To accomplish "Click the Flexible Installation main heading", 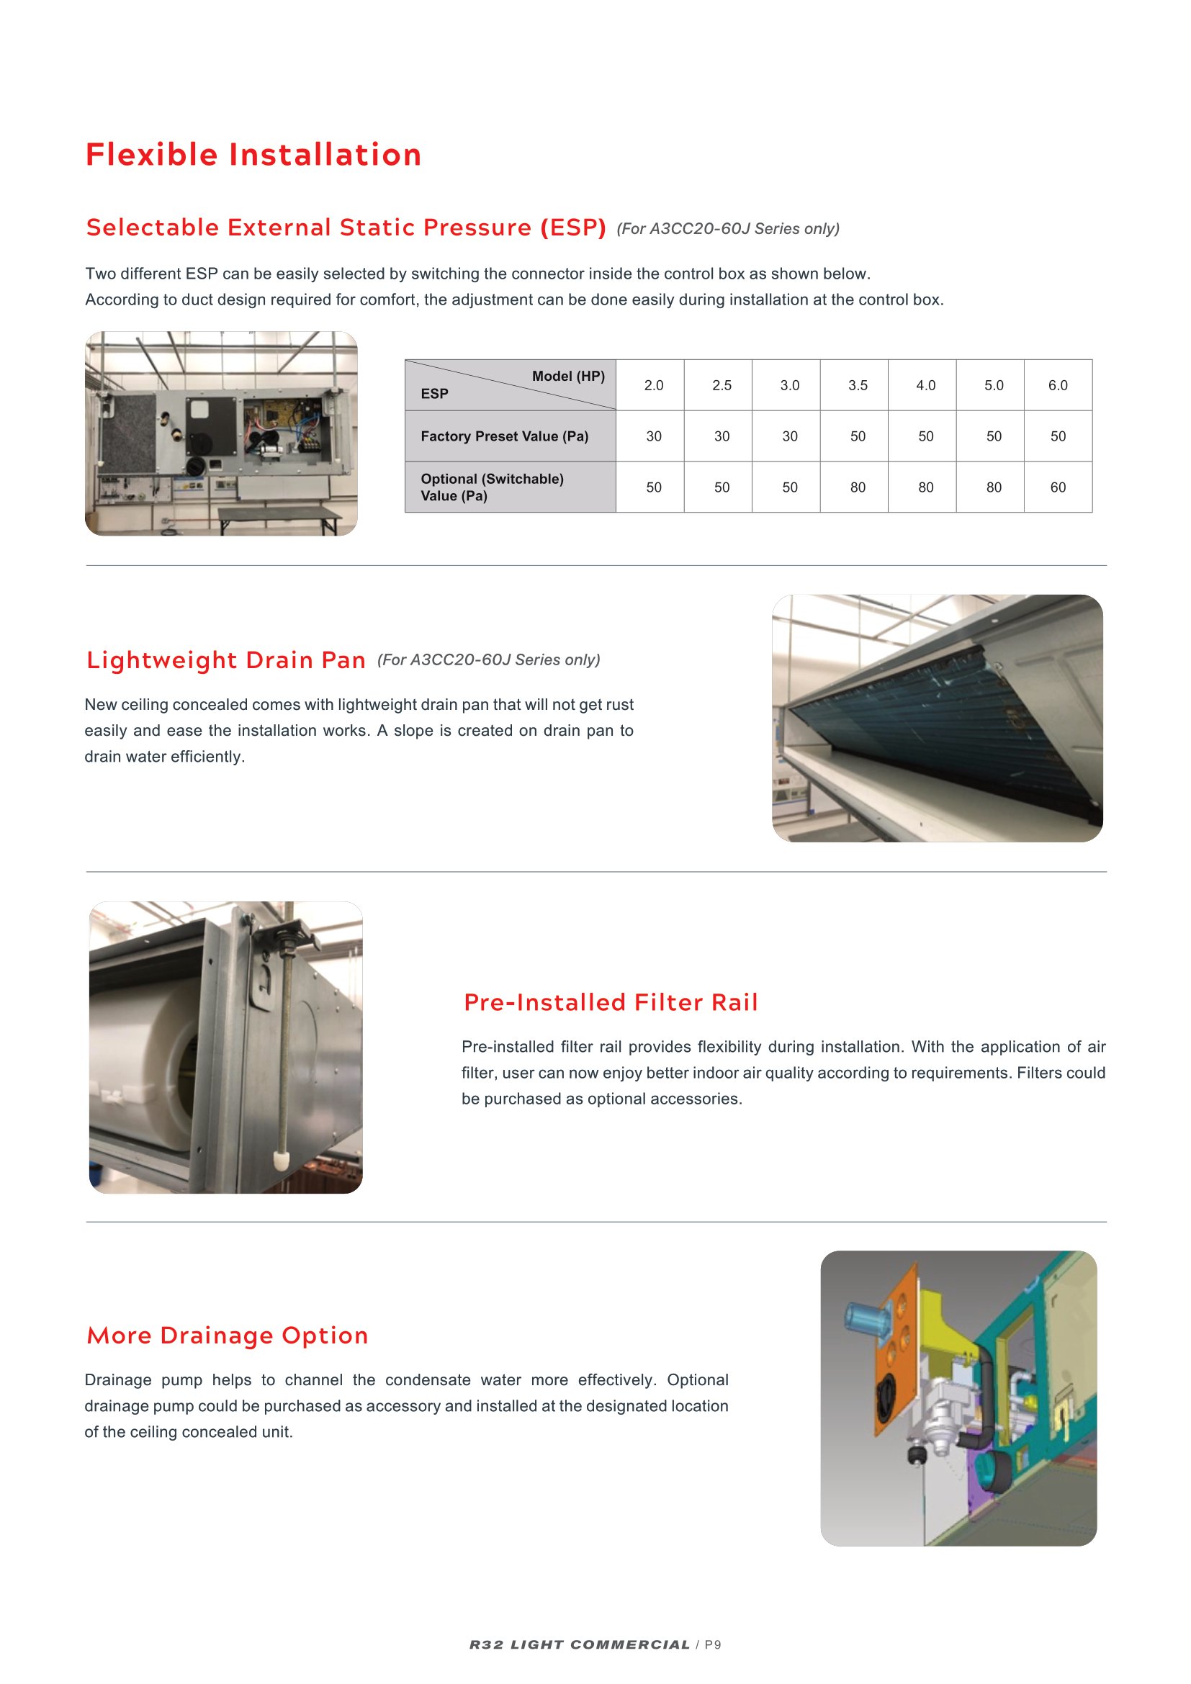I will pyautogui.click(x=253, y=155).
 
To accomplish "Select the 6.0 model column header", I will pyautogui.click(x=1057, y=385).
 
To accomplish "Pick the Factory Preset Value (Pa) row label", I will pyautogui.click(x=504, y=436).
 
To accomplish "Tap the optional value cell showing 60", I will pyautogui.click(x=1057, y=487).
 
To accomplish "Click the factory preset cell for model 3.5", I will pyautogui.click(x=858, y=436).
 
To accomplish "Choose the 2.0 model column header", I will pyautogui.click(x=652, y=385).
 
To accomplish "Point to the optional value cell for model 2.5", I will pyautogui.click(x=721, y=487).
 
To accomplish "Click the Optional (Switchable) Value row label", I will pyautogui.click(x=491, y=487).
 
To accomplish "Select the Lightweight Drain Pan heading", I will pyautogui.click(x=226, y=660).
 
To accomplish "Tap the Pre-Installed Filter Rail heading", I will pyautogui.click(x=610, y=1002).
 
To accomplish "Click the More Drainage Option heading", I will pyautogui.click(x=228, y=1335).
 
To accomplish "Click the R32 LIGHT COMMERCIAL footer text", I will pyautogui.click(x=580, y=1644).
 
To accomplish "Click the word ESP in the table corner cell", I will pyautogui.click(x=434, y=394).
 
